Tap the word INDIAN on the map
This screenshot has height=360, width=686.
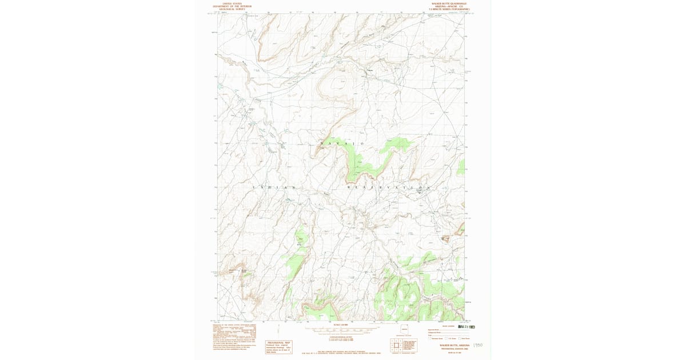pos(274,187)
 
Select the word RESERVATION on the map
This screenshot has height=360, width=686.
pos(388,187)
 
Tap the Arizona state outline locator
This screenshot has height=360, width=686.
pos(405,329)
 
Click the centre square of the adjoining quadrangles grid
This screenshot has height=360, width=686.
pos(396,345)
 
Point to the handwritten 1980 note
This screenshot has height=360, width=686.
pos(478,345)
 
